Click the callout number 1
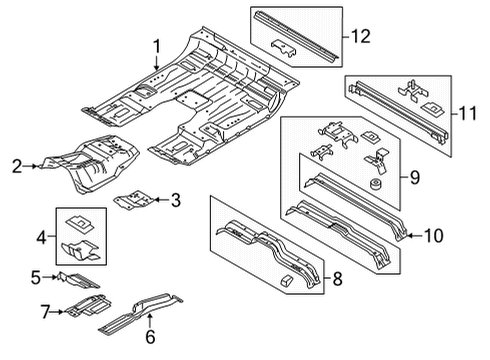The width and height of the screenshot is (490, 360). (x=157, y=46)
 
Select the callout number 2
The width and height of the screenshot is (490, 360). (x=17, y=166)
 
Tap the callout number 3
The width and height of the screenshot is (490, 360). (x=176, y=200)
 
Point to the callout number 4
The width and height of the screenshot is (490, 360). (x=41, y=238)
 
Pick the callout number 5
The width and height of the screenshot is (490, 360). (x=36, y=278)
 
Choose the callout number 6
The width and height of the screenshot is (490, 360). (x=150, y=337)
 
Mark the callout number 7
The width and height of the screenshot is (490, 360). (x=46, y=312)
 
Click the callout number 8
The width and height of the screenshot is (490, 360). (x=338, y=278)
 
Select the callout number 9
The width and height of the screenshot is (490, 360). (x=415, y=177)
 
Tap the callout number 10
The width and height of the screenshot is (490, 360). (x=434, y=236)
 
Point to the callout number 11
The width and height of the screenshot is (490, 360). (x=468, y=113)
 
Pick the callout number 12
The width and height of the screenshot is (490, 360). (x=361, y=36)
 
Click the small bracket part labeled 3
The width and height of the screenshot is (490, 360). (x=133, y=200)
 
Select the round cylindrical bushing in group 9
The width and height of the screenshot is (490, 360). (x=376, y=184)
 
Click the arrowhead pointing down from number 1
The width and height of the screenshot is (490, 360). (x=157, y=67)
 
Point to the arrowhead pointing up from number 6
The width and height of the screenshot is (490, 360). (x=150, y=316)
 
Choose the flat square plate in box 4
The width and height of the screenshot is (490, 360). (x=80, y=223)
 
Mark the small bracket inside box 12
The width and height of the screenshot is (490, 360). (x=283, y=48)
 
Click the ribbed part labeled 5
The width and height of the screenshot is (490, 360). (x=78, y=280)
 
